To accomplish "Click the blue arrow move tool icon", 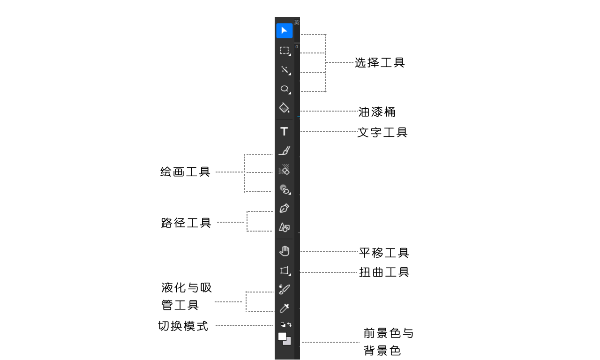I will (x=284, y=30).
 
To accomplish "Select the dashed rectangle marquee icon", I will (x=284, y=51).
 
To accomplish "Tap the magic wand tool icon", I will (x=284, y=70).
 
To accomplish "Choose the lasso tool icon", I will (x=284, y=89).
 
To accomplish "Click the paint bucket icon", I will (x=284, y=108).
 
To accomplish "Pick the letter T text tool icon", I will (x=284, y=131).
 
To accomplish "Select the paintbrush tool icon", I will (x=284, y=150).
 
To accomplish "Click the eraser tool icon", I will (x=284, y=170).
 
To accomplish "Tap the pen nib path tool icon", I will (x=284, y=208).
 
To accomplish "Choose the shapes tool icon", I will (x=284, y=227).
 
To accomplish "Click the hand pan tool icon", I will (x=284, y=251).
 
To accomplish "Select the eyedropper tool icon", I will (x=284, y=308).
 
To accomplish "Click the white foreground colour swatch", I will (x=282, y=337).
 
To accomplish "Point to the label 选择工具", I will (x=379, y=63).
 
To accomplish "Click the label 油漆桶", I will (x=377, y=112).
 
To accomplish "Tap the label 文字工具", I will (x=382, y=133).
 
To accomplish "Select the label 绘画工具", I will (x=186, y=172).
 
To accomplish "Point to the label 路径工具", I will (x=186, y=223).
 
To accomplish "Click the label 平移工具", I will (x=384, y=253).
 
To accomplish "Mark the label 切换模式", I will (x=183, y=326).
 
